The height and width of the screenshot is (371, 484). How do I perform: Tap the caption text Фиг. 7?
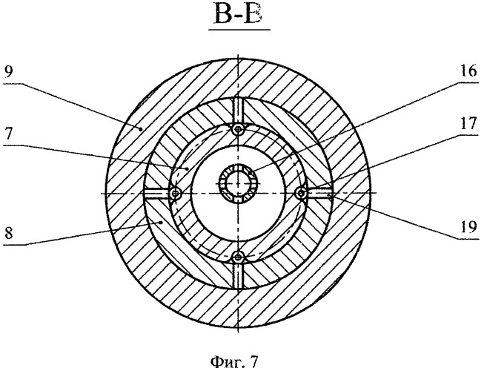[x=233, y=361]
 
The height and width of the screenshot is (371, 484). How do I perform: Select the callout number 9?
[x=8, y=73]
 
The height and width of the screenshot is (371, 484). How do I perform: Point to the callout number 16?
[x=468, y=71]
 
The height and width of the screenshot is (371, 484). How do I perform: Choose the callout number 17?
[x=468, y=124]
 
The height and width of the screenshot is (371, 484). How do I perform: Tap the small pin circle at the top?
[x=238, y=129]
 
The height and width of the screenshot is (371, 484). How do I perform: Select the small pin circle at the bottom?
[x=238, y=256]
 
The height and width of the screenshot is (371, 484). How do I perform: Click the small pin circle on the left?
[x=176, y=194]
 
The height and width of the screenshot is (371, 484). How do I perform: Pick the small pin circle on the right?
[x=301, y=194]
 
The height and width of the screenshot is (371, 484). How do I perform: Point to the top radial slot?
[x=238, y=111]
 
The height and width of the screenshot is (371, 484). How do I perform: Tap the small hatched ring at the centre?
[x=238, y=183]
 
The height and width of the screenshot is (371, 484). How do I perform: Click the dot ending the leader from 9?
[x=141, y=129]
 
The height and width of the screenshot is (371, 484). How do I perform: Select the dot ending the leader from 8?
[x=161, y=222]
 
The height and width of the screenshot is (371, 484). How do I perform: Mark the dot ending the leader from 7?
[x=187, y=168]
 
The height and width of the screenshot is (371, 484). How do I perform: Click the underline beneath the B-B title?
[x=239, y=30]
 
